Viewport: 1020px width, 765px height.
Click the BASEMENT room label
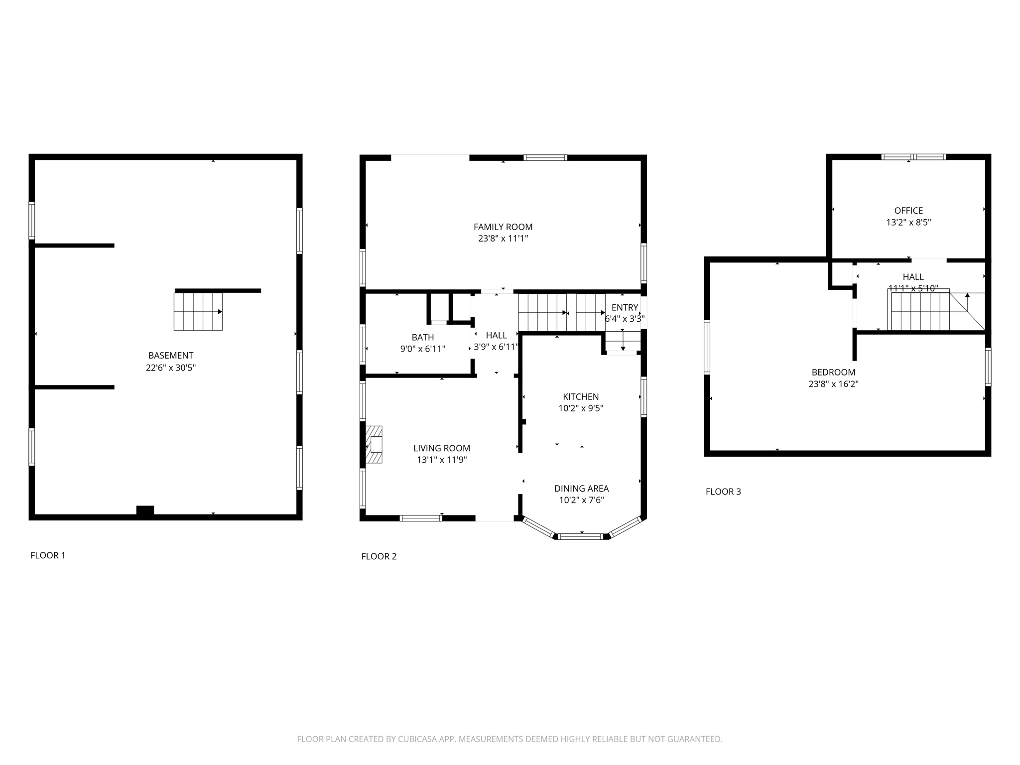pos(171,356)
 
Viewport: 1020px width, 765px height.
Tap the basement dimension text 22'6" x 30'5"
pos(171,368)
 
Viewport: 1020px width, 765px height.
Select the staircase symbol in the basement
pos(198,312)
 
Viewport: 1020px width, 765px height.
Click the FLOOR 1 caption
pos(48,555)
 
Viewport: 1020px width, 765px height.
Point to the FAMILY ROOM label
pos(503,227)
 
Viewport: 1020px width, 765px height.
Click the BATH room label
pos(422,337)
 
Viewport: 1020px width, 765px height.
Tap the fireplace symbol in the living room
pos(374,444)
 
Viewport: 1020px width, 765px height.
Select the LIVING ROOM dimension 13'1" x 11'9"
pos(442,460)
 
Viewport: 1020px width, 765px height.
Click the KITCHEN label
pos(581,397)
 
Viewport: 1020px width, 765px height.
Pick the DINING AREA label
pos(581,489)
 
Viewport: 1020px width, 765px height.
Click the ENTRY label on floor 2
pos(625,308)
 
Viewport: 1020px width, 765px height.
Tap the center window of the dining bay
pos(581,536)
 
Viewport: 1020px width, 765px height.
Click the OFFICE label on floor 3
pos(908,211)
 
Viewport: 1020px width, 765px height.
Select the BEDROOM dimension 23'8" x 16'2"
pos(833,384)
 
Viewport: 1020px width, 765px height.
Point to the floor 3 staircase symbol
pos(920,312)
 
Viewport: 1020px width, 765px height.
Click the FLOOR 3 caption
pos(723,492)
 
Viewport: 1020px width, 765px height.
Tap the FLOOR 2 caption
pos(379,556)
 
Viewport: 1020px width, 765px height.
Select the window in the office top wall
pos(913,157)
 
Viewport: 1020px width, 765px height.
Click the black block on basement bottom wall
pos(145,510)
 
